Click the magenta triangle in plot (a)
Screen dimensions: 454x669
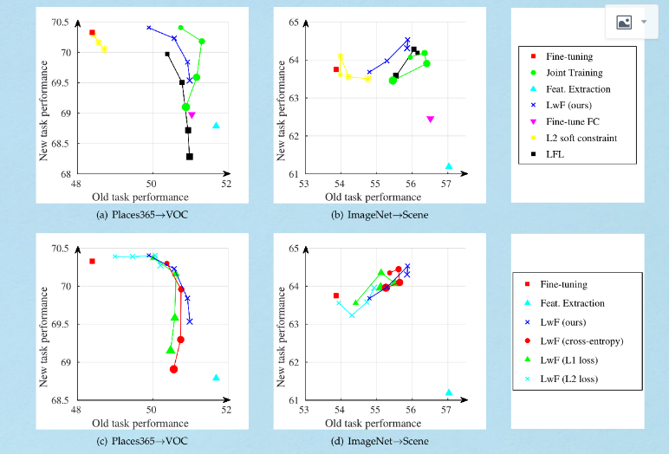[192, 114]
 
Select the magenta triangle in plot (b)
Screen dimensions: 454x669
[430, 120]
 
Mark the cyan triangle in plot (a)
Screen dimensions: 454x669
[216, 126]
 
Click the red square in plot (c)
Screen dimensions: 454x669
[92, 261]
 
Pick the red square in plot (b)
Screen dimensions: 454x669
[336, 69]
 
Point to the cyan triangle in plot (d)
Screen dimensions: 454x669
[449, 392]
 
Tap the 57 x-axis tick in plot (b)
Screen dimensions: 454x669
[448, 184]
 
